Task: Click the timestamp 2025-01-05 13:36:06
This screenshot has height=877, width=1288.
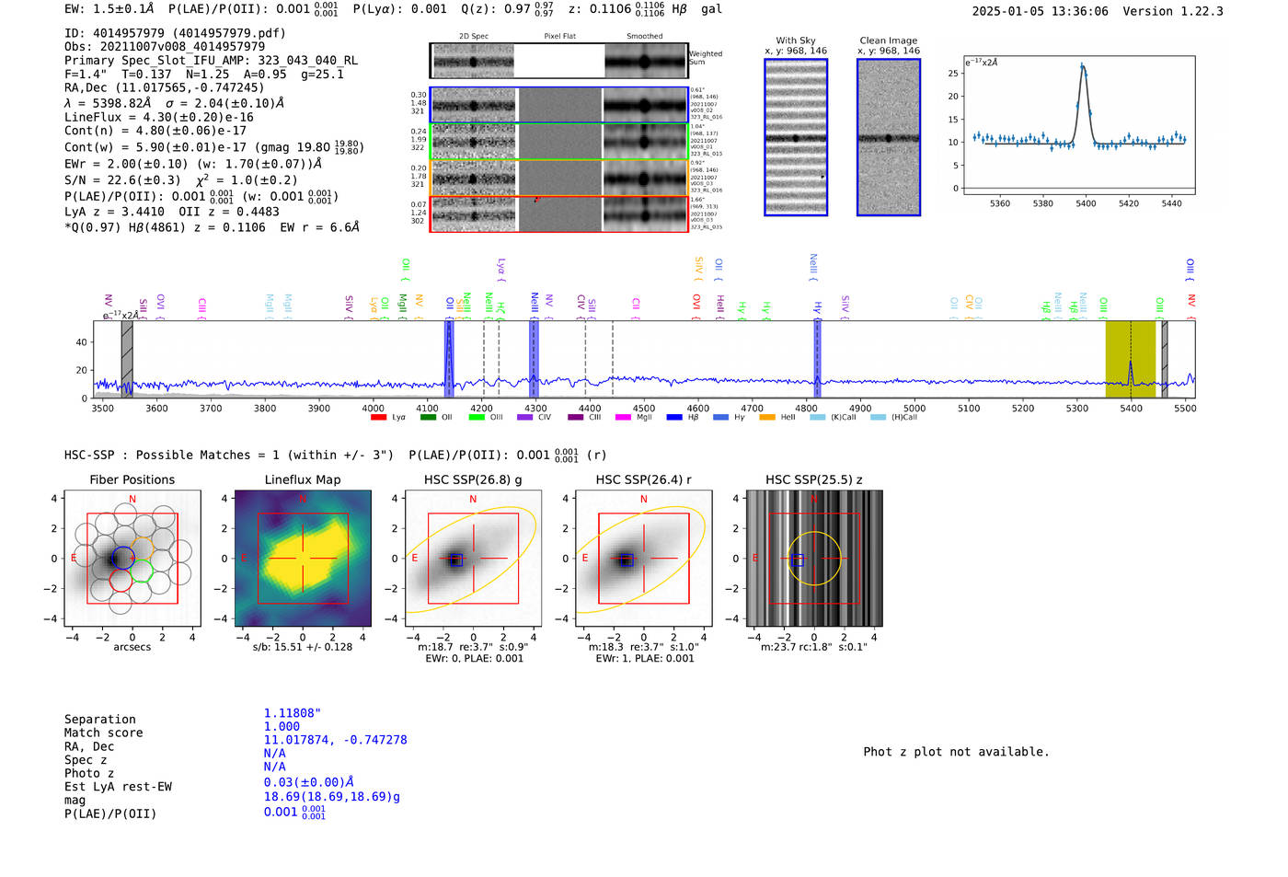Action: pyautogui.click(x=1040, y=11)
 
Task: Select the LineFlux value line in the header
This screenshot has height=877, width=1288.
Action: pyautogui.click(x=158, y=117)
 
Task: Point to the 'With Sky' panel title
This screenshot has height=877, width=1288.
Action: pyautogui.click(x=795, y=40)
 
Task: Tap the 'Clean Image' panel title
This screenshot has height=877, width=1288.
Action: pyautogui.click(x=888, y=40)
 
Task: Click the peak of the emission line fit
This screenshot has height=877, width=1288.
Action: pyautogui.click(x=1083, y=66)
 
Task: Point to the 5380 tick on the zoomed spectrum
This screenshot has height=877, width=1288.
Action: pyautogui.click(x=1042, y=203)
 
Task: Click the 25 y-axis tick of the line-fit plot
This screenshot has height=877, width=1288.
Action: pyautogui.click(x=952, y=73)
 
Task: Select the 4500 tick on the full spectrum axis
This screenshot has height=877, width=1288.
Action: pyautogui.click(x=644, y=408)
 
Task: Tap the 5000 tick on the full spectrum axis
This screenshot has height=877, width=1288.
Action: pyautogui.click(x=914, y=408)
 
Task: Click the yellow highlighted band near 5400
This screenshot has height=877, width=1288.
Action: pyautogui.click(x=1130, y=359)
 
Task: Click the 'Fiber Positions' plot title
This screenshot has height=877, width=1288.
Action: pyautogui.click(x=132, y=479)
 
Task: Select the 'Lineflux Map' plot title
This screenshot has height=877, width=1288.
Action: pyautogui.click(x=302, y=479)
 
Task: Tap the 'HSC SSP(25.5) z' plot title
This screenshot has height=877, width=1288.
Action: pyautogui.click(x=813, y=479)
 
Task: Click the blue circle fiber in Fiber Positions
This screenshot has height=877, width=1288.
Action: pyautogui.click(x=121, y=558)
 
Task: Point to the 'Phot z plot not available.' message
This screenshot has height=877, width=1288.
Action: pyautogui.click(x=955, y=752)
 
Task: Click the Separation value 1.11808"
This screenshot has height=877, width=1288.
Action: pyautogui.click(x=292, y=713)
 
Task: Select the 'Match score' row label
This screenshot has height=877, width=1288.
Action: pyautogui.click(x=103, y=733)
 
